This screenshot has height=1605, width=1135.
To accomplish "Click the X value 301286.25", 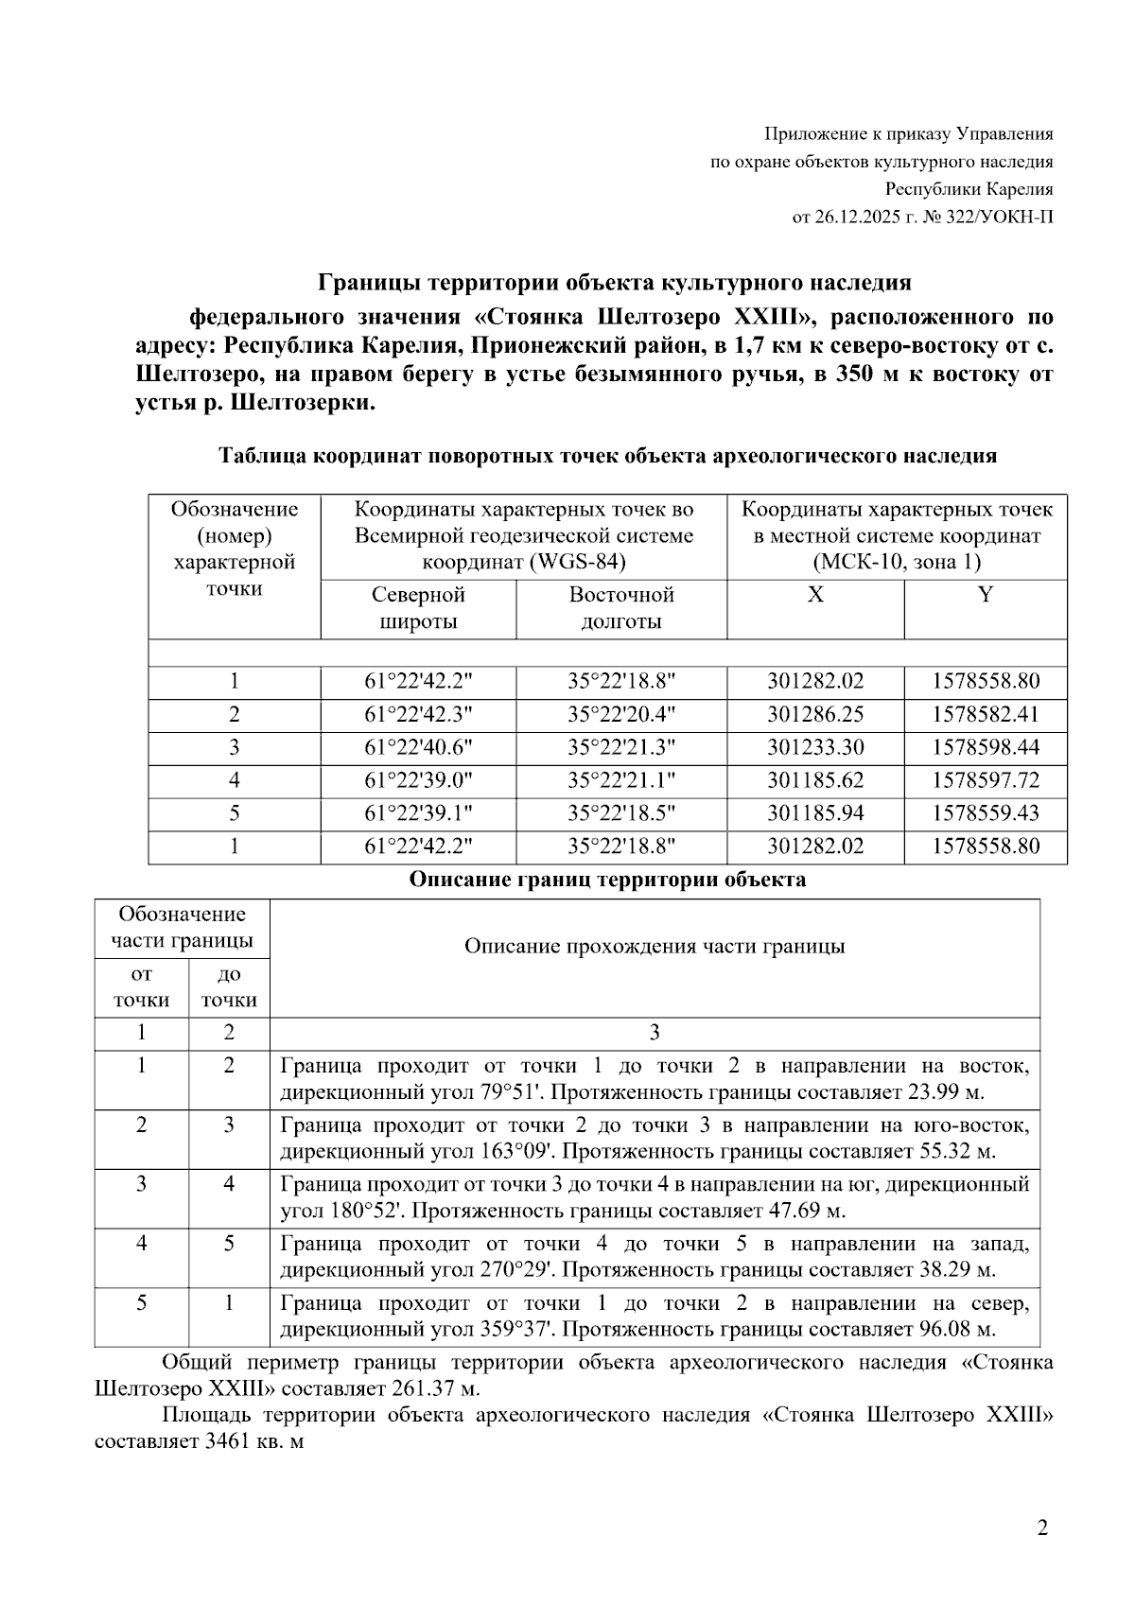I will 815,715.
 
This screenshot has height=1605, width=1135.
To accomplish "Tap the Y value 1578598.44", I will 985,748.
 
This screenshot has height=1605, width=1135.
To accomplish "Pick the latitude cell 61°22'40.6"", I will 418,748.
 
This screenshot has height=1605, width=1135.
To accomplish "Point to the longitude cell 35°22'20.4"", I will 621,715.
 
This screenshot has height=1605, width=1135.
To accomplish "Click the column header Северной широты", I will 418,608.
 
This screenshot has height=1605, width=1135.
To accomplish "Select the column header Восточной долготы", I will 621,608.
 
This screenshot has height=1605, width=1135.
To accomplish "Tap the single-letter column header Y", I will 985,595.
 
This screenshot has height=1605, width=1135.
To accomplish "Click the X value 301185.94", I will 815,813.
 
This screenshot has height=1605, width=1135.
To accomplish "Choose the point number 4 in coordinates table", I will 234,781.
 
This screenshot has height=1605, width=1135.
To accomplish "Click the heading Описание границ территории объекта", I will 607,880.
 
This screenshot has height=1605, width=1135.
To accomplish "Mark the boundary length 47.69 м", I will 809,1211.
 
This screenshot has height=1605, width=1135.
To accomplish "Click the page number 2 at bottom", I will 1042,1528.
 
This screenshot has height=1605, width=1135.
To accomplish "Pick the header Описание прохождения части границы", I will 655,947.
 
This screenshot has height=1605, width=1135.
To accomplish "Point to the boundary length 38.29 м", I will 958,1270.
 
